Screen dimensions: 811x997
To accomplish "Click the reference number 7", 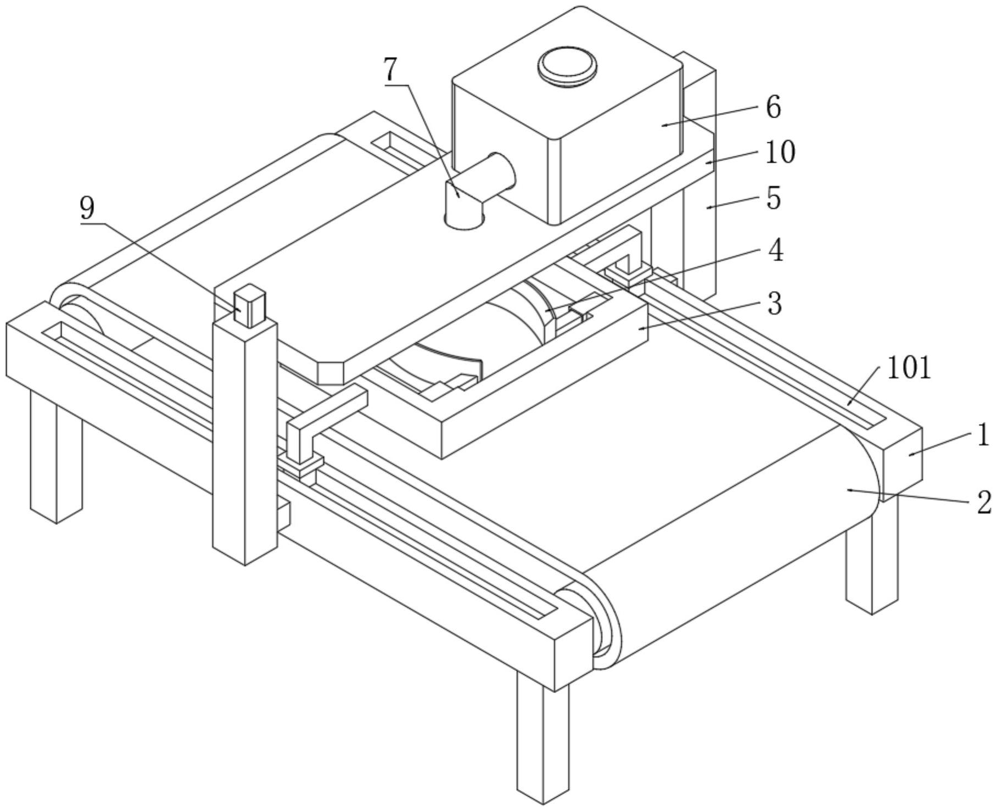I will [389, 70].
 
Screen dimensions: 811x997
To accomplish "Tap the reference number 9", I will [87, 209].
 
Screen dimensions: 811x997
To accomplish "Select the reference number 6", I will [773, 107].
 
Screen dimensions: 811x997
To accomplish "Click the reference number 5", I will [774, 198].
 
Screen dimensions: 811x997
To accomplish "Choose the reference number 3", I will [774, 303].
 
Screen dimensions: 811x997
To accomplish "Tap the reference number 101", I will [909, 368].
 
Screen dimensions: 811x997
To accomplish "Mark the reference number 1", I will [983, 435].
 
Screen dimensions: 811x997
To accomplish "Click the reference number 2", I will [984, 502].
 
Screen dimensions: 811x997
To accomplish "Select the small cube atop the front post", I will [250, 305].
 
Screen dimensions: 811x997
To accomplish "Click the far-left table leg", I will [55, 456].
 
